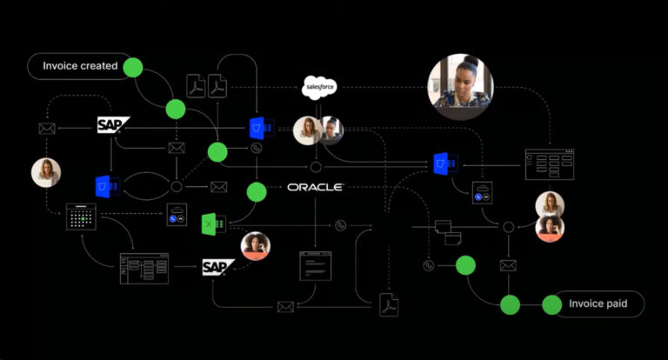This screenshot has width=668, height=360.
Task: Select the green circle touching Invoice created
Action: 133,66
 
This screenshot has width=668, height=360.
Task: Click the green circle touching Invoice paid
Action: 552,304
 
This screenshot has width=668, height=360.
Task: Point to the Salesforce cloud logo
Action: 319,86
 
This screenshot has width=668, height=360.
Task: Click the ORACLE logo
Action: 316,187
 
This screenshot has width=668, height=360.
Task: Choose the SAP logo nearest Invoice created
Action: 113,126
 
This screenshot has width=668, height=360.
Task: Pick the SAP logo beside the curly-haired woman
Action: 218,267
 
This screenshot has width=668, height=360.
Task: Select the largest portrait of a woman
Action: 460,86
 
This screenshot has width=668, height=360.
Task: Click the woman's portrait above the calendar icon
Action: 46,172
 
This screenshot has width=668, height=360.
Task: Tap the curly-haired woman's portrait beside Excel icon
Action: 256,245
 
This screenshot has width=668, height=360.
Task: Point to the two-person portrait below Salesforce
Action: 318,130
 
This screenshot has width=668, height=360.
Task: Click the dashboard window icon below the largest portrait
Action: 549,163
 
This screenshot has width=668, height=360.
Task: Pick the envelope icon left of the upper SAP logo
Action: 47,129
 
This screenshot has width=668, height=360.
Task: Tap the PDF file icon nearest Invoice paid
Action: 388,305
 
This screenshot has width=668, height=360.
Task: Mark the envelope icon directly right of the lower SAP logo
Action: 284,306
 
